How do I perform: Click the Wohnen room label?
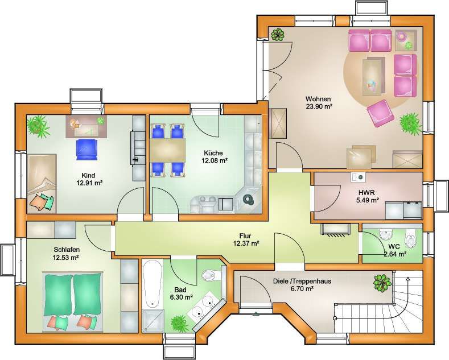coord(318,99)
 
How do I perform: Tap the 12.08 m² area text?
coord(215,160)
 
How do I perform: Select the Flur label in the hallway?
coord(245,236)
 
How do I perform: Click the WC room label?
coord(394,246)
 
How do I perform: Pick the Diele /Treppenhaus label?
coord(302,281)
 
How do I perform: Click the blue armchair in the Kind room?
coord(86,150)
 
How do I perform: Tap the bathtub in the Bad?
coord(152,284)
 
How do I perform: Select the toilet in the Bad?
coord(209,276)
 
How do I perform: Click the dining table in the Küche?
coord(167,150)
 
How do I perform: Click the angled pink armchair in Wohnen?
coord(380,113)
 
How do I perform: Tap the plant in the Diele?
coord(382,283)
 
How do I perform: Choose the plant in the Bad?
coord(179,323)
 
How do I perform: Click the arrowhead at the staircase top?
coord(408,279)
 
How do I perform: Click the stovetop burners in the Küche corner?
coord(248,200)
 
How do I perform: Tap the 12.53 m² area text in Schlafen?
coord(65,258)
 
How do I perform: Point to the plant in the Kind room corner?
coord(38,125)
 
